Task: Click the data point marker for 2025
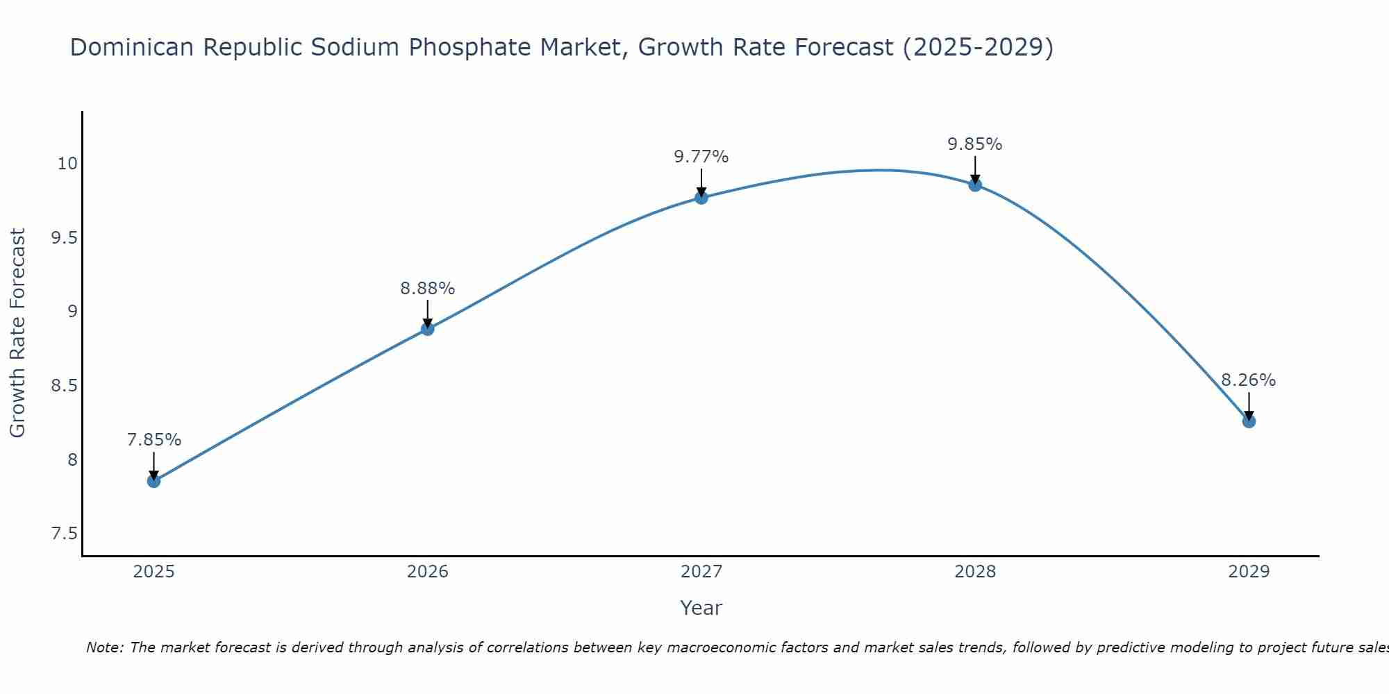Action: pyautogui.click(x=154, y=481)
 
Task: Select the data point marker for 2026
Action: pyautogui.click(x=428, y=329)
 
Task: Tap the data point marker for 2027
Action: pyautogui.click(x=701, y=198)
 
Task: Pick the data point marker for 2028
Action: pyautogui.click(x=975, y=185)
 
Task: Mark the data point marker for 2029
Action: pyautogui.click(x=1249, y=421)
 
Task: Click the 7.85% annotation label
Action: pyautogui.click(x=154, y=440)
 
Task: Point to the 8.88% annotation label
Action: pyautogui.click(x=428, y=288)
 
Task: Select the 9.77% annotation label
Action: pyautogui.click(x=701, y=157)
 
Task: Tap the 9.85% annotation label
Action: pyautogui.click(x=975, y=144)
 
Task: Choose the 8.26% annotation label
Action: pyautogui.click(x=1249, y=380)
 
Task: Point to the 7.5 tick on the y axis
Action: pyautogui.click(x=64, y=534)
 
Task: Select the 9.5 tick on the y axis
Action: pyautogui.click(x=64, y=238)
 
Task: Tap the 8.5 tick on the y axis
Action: pyautogui.click(x=64, y=386)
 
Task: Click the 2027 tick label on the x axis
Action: pyautogui.click(x=701, y=572)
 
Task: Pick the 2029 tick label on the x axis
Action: pyautogui.click(x=1249, y=572)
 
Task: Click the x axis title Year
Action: pyautogui.click(x=701, y=608)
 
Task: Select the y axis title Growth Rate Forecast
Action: pyautogui.click(x=18, y=333)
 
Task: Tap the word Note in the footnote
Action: pyautogui.click(x=103, y=648)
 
